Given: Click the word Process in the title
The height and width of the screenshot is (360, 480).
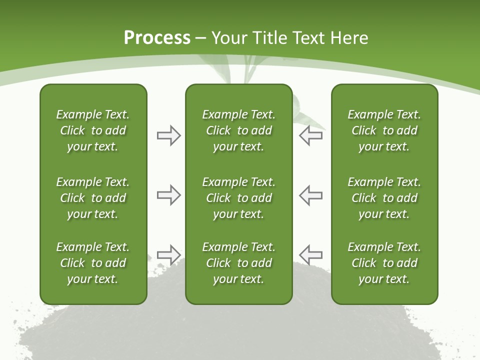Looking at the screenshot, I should (157, 38).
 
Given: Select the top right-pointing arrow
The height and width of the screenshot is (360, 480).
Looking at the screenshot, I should (168, 135).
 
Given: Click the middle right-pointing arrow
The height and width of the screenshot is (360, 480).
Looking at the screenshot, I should (168, 195).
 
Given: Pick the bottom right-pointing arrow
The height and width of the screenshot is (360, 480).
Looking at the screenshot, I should (168, 254).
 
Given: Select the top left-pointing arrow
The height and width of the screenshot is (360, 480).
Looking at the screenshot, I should (311, 135).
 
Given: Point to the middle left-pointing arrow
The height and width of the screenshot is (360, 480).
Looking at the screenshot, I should (311, 195).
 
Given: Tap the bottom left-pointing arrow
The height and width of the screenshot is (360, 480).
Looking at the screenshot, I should (311, 254).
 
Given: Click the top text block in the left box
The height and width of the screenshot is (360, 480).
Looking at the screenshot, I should (93, 130).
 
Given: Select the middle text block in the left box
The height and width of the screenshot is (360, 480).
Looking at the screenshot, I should (93, 198).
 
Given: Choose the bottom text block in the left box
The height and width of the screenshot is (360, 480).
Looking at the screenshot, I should (93, 263).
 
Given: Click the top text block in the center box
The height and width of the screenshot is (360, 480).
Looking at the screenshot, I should (238, 130).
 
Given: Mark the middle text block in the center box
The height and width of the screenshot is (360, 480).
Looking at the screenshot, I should (238, 198).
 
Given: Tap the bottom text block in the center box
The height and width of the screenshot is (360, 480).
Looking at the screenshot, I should (238, 263).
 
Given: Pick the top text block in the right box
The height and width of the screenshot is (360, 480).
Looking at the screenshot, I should (384, 130).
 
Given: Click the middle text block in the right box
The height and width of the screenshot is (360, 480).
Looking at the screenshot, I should (384, 198).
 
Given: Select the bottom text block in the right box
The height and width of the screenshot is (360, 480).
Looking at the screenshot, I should (384, 263).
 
